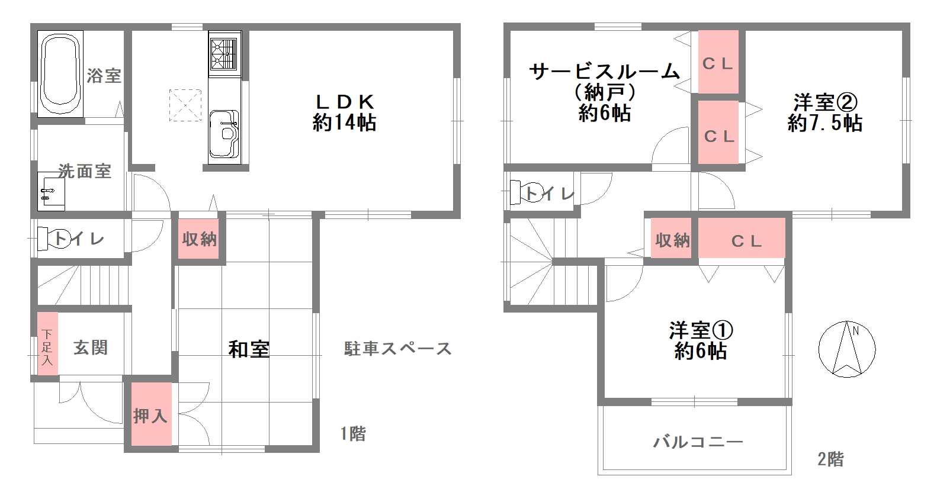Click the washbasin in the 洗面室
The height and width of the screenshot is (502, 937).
tap(51, 191)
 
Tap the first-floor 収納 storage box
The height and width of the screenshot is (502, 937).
tap(199, 239)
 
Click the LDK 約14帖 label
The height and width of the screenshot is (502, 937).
tap(344, 112)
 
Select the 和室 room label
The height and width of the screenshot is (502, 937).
tap(249, 349)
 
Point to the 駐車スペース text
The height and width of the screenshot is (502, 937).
tap(397, 349)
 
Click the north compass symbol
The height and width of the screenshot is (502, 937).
tap(846, 349)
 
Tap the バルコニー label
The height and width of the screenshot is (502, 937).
tap(697, 442)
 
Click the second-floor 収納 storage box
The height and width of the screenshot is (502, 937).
tap(672, 239)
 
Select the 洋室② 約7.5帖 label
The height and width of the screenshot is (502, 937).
tap(824, 112)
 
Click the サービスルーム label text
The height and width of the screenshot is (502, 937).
tap(604, 72)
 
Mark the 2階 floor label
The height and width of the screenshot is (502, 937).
tap(830, 459)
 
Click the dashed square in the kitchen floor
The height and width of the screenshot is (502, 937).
tap(185, 105)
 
